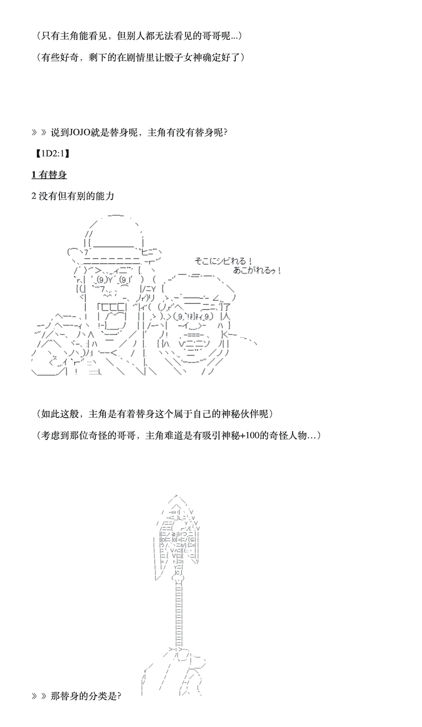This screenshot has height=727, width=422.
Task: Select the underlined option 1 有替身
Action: pyautogui.click(x=49, y=174)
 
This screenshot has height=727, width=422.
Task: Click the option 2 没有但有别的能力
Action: pyautogui.click(x=73, y=196)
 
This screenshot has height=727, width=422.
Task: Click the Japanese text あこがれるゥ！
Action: pyautogui.click(x=257, y=270)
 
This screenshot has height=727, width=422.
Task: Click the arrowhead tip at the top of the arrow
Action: pyautogui.click(x=176, y=495)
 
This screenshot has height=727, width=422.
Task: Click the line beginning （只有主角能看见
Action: pyautogui.click(x=139, y=36)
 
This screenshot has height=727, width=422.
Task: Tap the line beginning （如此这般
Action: pyautogui.click(x=154, y=414)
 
